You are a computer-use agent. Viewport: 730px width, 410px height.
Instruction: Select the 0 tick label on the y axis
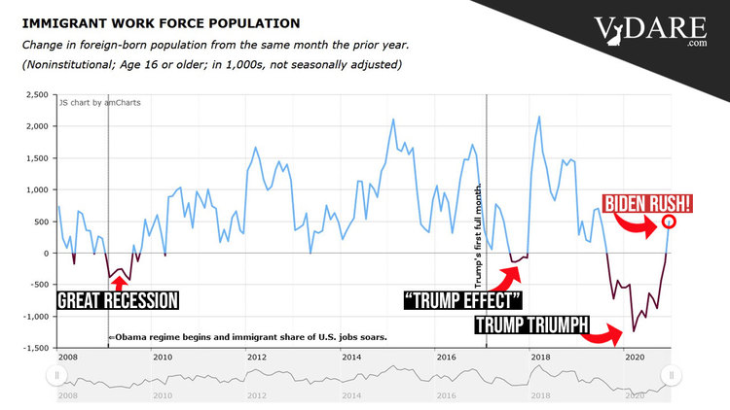pos(45,254)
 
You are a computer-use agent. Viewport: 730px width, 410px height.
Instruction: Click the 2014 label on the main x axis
pos(350,357)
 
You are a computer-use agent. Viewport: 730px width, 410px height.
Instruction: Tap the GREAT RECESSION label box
pos(118,299)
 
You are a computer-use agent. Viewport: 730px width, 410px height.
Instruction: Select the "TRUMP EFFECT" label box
pos(463,299)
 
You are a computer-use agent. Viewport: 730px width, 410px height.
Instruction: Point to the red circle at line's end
pos(669,222)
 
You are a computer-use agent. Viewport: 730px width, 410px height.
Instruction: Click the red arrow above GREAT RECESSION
pos(117,282)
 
